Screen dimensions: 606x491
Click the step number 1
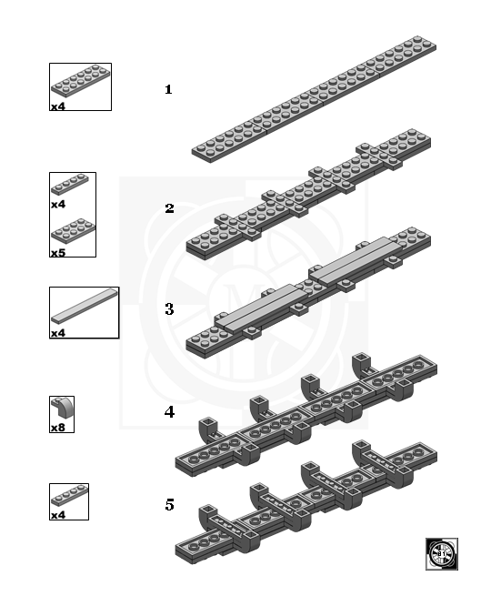(x=168, y=90)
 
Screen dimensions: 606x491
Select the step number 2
(x=169, y=208)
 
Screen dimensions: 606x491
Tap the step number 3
(x=169, y=309)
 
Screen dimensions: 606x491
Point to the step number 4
(x=169, y=411)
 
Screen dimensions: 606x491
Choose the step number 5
(x=169, y=504)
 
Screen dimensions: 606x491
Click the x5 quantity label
(x=58, y=252)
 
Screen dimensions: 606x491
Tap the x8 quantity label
(x=58, y=428)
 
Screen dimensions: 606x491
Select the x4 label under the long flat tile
(x=58, y=333)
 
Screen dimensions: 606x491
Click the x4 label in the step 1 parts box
(x=58, y=106)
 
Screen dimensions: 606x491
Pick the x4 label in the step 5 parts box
(x=58, y=515)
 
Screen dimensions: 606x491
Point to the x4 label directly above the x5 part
(x=58, y=205)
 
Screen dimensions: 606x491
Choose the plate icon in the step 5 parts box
(x=69, y=498)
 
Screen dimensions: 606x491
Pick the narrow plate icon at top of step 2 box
(x=71, y=186)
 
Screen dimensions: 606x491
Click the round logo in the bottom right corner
(x=442, y=554)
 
